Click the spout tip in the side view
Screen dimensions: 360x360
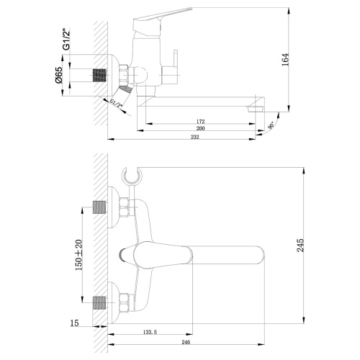[253, 108]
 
